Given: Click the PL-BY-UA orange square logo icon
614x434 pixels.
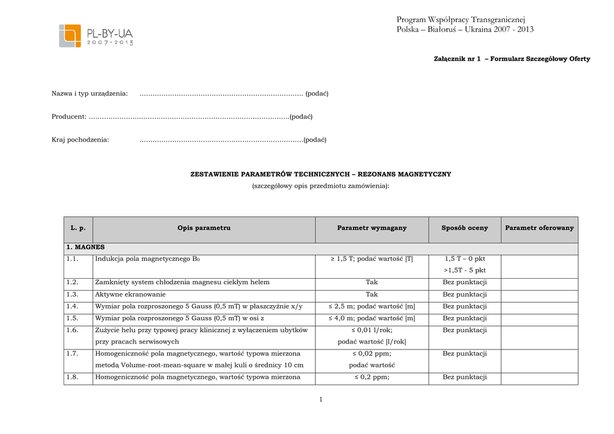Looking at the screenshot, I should click(70, 35).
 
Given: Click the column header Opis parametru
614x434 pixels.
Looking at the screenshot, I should click(204, 228).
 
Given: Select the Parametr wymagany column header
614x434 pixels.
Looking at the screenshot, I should click(372, 228).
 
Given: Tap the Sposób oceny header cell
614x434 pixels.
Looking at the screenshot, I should click(465, 228).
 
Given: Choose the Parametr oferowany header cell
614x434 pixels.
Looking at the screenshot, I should click(539, 228).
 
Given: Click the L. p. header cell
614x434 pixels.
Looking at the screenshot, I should click(78, 228).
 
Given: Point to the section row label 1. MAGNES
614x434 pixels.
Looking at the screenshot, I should click(86, 247).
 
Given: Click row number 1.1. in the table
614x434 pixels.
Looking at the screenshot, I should click(73, 259).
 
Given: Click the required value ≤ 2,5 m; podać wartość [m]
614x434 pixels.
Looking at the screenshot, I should click(372, 307).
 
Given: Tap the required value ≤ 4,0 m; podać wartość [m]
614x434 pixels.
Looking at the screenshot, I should click(372, 318).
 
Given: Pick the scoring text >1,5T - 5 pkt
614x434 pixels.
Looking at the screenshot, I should click(465, 270).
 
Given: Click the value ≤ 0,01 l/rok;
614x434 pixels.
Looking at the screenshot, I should click(372, 330).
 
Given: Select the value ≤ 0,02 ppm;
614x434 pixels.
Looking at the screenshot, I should click(372, 354).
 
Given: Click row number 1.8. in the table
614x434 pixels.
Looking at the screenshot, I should click(73, 378).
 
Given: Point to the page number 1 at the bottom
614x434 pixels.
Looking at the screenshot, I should click(321, 400).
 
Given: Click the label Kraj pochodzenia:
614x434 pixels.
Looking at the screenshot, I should click(80, 140).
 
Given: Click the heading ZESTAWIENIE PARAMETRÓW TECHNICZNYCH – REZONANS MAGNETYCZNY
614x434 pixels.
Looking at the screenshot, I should click(321, 174).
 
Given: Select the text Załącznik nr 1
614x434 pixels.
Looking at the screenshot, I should click(457, 59).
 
